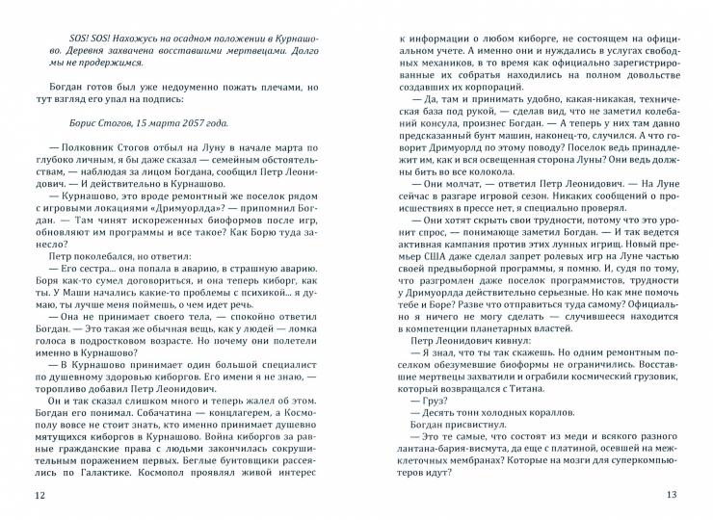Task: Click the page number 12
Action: [39, 496]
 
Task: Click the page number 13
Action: [673, 496]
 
